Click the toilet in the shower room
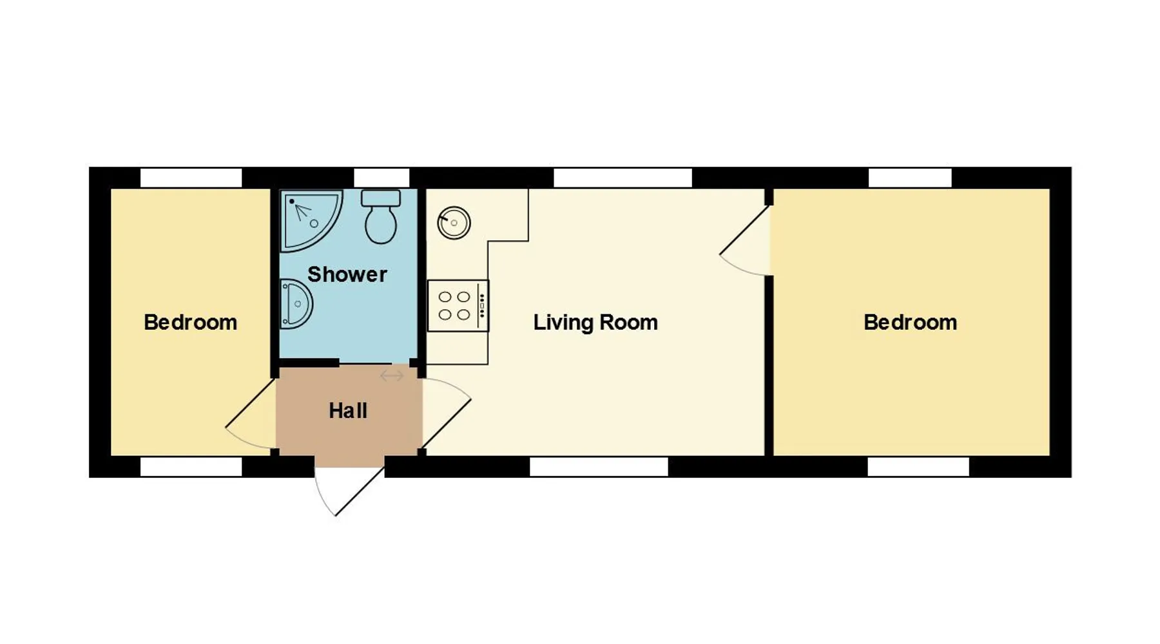[x=380, y=217]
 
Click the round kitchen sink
[x=454, y=223]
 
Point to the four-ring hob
[x=458, y=306]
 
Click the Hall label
[x=348, y=411]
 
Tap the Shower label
[x=347, y=274]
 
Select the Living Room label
[x=595, y=322]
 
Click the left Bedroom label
[x=190, y=322]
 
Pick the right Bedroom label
[x=910, y=322]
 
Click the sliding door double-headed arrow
[x=392, y=375]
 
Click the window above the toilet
[x=382, y=178]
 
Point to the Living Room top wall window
[x=623, y=178]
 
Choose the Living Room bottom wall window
[x=599, y=467]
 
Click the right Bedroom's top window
[x=910, y=178]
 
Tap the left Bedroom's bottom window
[x=191, y=467]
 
